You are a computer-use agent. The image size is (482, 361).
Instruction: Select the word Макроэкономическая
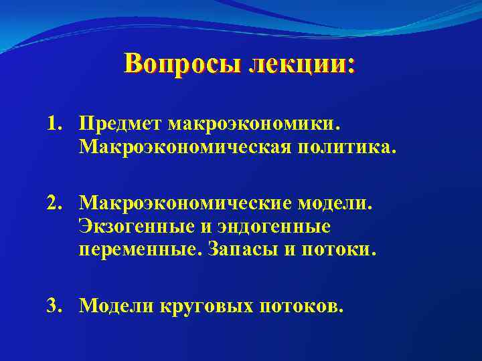coord(182,146)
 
